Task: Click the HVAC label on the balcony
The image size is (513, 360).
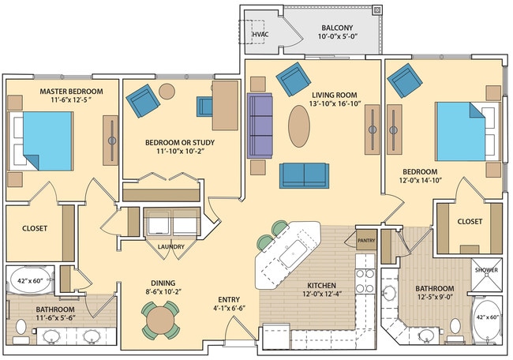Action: pos(260,36)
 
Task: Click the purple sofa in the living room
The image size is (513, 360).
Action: pos(260,126)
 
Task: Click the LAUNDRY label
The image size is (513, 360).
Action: pos(170,246)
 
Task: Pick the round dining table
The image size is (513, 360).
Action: pos(161,320)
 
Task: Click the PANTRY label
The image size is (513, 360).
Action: pos(365,242)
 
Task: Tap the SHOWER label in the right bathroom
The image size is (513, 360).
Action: pos(485,270)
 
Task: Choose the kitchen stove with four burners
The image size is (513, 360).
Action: pos(366,280)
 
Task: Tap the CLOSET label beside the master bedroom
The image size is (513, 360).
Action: pos(35,229)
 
